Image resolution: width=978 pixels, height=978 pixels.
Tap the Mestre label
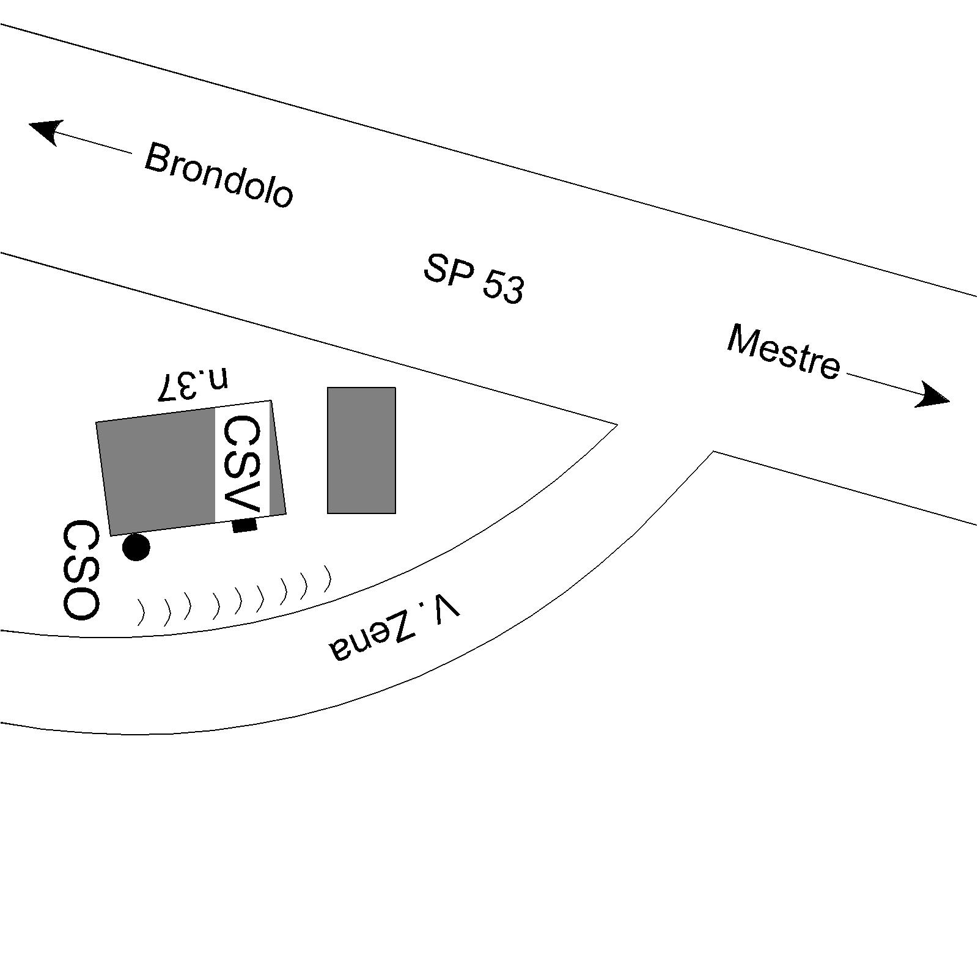pos(784,353)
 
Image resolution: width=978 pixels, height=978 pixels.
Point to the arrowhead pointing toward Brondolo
pos(44,130)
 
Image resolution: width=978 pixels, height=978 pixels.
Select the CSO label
pos(81,570)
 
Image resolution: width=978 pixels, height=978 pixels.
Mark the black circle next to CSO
pos(136,547)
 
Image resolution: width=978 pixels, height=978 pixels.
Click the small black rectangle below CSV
pos(244,525)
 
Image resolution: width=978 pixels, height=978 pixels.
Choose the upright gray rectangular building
pos(361,450)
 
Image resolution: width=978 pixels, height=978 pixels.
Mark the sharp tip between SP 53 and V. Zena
pos(616,424)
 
